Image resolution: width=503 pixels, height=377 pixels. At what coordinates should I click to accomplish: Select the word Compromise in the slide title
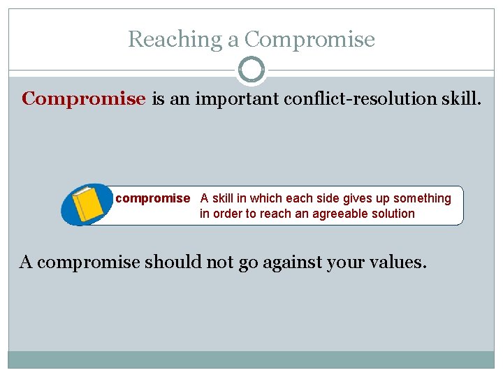[x=309, y=39]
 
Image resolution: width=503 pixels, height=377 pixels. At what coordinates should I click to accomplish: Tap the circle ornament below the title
[x=251, y=70]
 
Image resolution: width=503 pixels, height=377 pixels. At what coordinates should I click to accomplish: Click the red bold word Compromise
[x=84, y=98]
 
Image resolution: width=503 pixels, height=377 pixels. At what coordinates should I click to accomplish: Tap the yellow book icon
[x=87, y=205]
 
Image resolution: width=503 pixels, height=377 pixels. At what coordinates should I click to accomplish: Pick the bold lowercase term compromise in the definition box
[x=152, y=198]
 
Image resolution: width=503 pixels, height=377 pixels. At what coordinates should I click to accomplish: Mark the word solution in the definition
[x=393, y=214]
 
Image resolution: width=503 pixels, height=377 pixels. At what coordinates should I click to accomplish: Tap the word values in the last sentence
[x=398, y=263]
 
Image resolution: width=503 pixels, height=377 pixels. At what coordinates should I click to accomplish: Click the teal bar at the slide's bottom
[x=251, y=360]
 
